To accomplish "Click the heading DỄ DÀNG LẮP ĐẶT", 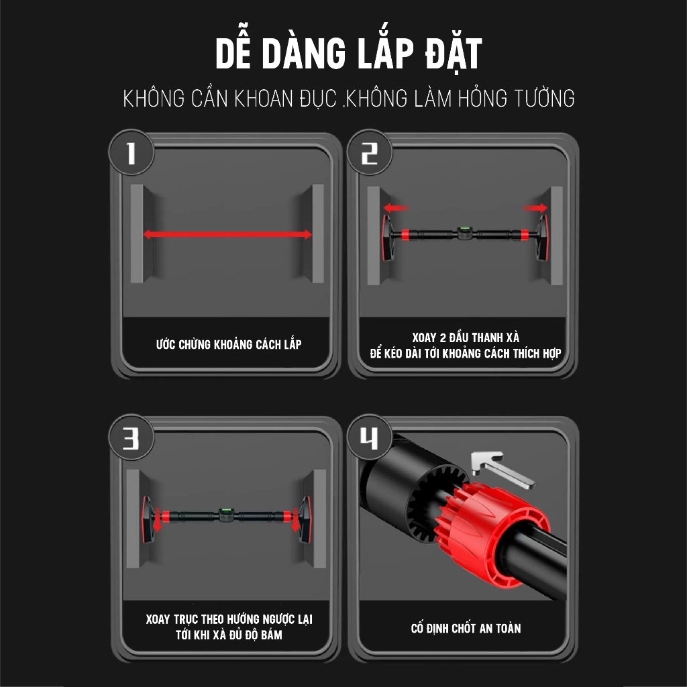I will tap(348, 55).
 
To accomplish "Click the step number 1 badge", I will tap(131, 154).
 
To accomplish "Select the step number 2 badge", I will tap(369, 154).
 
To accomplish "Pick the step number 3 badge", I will tap(131, 439).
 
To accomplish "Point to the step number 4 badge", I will tap(369, 439).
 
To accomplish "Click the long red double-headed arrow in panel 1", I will tap(227, 234).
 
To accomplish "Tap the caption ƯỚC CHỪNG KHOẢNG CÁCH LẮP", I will tap(228, 345).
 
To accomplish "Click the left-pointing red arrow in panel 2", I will tap(396, 209).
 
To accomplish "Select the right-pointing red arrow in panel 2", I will tap(535, 209).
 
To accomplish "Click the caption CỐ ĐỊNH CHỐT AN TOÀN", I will tap(466, 629).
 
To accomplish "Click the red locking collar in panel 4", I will tap(496, 530).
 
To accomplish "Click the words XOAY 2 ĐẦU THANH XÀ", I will tap(466, 337).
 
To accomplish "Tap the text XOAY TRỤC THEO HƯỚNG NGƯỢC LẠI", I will tap(229, 619).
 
